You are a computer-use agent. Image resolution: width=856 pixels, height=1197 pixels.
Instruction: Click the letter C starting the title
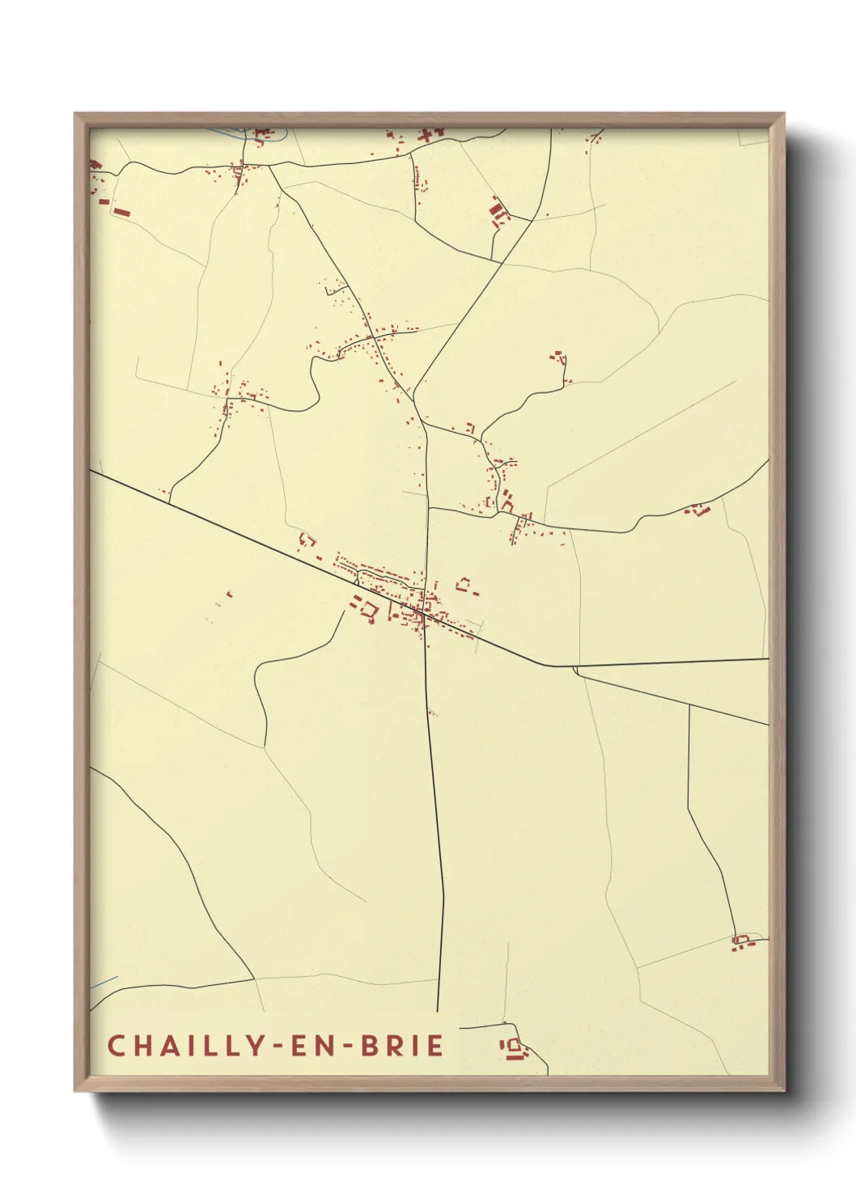pos(116,1046)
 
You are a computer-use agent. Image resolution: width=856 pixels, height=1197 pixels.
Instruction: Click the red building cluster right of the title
pos(513,1049)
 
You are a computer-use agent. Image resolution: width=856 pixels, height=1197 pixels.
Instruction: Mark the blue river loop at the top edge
pos(251,136)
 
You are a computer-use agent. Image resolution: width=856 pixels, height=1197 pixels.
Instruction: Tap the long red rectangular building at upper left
pos(122,212)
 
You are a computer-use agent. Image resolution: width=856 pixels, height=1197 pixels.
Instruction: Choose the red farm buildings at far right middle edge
pos(697,510)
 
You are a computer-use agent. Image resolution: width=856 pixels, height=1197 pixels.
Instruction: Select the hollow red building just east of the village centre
pos(464,583)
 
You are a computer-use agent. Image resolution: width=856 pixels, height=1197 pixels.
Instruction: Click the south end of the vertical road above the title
pos(438,1010)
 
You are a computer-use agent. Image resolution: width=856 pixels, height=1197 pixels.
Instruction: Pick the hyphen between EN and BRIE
pos(350,1047)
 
